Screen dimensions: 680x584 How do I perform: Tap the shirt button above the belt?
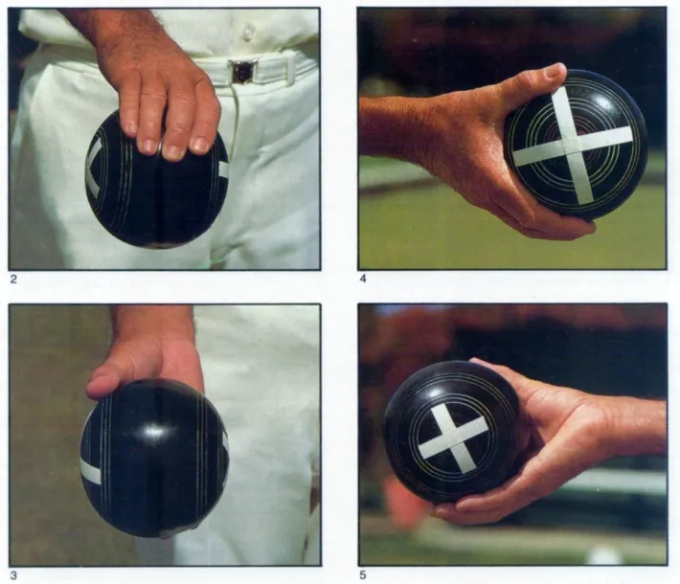click(x=248, y=34)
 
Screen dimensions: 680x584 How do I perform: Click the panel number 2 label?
click(x=13, y=280)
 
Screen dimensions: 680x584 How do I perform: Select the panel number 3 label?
click(x=13, y=575)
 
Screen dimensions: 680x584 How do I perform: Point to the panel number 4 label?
click(x=363, y=280)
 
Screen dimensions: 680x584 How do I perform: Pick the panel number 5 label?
click(x=363, y=575)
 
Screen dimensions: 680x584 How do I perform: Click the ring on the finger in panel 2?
click(x=161, y=146)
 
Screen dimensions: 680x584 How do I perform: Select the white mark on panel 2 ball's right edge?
click(x=224, y=169)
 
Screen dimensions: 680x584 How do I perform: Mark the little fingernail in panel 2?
click(x=200, y=145)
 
